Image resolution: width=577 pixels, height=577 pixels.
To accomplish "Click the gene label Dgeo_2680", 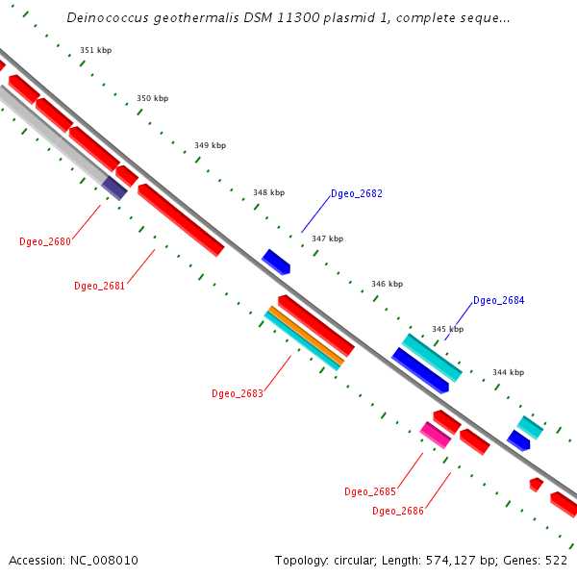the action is (x=45, y=241).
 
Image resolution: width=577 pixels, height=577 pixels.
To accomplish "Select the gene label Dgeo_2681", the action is (x=100, y=286).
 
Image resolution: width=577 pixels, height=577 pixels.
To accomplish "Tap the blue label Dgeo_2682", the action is (x=357, y=194).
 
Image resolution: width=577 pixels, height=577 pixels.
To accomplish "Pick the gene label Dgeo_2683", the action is (x=238, y=393).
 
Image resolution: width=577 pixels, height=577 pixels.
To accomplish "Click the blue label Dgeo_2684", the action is (x=499, y=301).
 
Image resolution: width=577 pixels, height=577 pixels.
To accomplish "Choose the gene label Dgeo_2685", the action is (x=370, y=492).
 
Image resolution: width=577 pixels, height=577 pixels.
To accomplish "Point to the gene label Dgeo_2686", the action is (x=398, y=511).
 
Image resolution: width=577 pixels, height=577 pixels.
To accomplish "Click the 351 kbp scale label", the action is (x=95, y=50).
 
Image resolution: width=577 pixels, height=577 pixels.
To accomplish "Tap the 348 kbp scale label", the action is (x=268, y=192).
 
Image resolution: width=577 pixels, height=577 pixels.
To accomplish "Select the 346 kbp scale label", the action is (x=387, y=285).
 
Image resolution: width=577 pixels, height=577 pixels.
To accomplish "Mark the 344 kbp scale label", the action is (x=508, y=372).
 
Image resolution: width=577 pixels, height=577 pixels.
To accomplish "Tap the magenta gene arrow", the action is (x=435, y=435).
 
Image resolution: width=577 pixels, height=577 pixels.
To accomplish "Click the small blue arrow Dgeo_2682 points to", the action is (x=275, y=261).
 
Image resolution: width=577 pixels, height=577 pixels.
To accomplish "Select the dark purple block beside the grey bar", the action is (x=114, y=188).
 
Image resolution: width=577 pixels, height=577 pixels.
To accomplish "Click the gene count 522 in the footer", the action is (x=556, y=561).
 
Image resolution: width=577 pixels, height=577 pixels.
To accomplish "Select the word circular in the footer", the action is (x=359, y=561).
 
